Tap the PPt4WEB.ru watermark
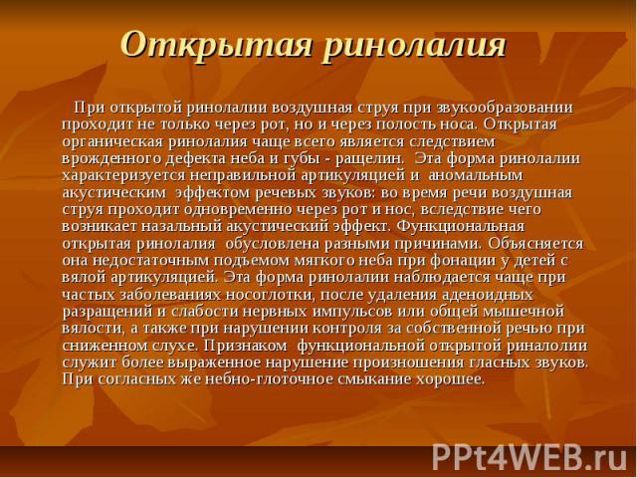(530, 458)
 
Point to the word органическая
(112, 142)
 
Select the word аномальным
(475, 176)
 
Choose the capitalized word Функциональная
(460, 227)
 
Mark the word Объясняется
(535, 244)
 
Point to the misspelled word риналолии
(547, 347)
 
